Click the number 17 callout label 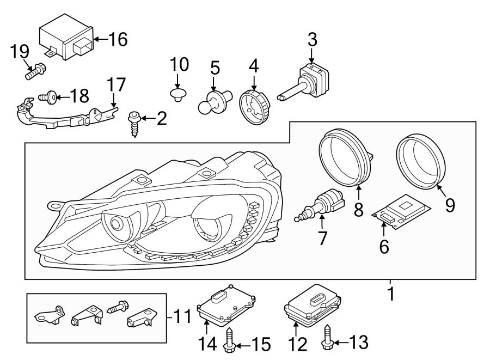point(117,86)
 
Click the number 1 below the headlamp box point(390,294)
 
